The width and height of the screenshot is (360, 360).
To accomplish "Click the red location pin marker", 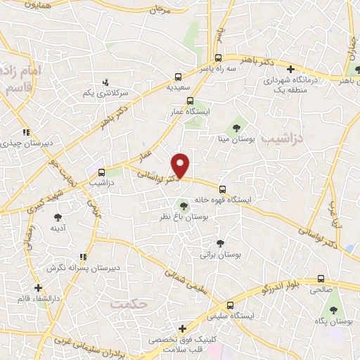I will click(x=182, y=165).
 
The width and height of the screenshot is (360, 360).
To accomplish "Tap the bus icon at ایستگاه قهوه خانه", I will click(x=222, y=189).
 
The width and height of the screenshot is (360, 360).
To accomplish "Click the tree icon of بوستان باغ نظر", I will click(x=184, y=206).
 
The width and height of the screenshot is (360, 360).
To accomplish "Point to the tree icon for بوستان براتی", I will click(x=220, y=243).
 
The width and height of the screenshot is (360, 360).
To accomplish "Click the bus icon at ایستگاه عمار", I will click(x=190, y=101).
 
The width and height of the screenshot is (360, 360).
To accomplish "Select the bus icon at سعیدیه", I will click(x=178, y=78).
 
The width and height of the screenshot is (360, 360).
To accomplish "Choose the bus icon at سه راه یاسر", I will click(x=219, y=58).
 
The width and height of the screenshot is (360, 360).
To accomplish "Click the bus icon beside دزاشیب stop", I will click(x=102, y=172).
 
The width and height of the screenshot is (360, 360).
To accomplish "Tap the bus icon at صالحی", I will click(x=321, y=278).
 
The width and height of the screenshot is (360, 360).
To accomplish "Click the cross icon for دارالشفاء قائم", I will click(x=38, y=287).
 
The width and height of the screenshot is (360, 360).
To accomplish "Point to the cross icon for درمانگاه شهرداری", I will click(x=290, y=68).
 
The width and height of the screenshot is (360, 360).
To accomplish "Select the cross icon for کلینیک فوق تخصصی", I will click(x=182, y=328).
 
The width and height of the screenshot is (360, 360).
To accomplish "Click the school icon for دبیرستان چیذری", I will click(x=26, y=132).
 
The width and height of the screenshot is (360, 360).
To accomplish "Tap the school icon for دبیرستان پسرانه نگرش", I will click(x=84, y=257).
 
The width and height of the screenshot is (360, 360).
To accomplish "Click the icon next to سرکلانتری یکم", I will click(x=106, y=82).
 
